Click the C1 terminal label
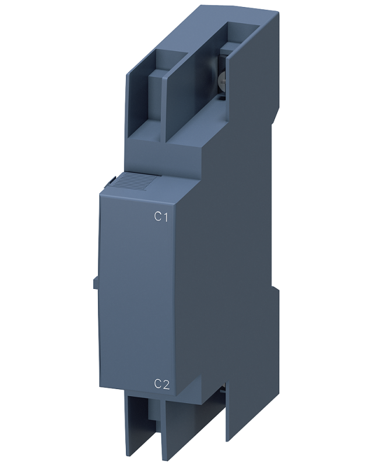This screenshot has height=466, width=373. click(161, 217)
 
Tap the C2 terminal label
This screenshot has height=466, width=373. click(162, 384)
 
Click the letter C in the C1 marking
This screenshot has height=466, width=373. click(157, 217)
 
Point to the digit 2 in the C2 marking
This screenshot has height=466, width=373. click(166, 384)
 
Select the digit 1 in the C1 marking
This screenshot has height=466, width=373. click(166, 217)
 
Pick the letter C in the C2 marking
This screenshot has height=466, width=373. click(157, 384)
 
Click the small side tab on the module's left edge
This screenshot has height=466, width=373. click(94, 283)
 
